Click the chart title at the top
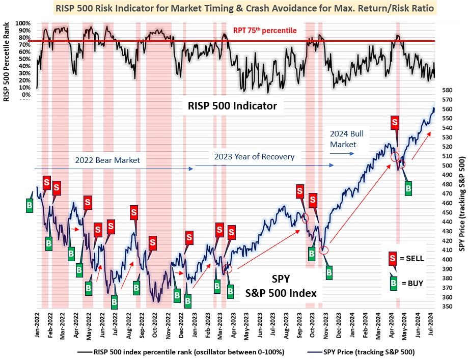(238, 9)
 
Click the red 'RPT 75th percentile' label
(265, 31)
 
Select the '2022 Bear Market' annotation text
(108, 160)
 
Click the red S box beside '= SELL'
(393, 258)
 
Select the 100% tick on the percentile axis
(23, 23)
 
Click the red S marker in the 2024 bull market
(395, 123)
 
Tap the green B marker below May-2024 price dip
(408, 188)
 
